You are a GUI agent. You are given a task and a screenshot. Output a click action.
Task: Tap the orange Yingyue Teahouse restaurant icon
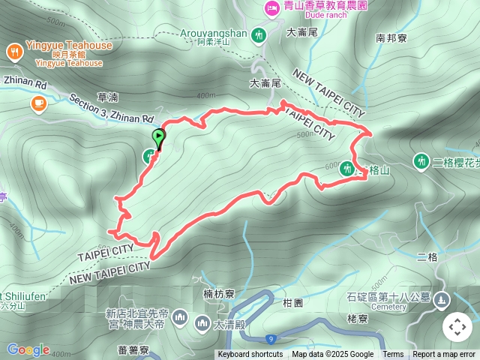click(x=14, y=51)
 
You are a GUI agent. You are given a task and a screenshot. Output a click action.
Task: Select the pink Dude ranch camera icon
click(x=271, y=7)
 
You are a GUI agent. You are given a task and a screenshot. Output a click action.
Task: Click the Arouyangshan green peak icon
click(x=259, y=34)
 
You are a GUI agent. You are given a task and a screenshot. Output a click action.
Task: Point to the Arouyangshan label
click(x=214, y=33)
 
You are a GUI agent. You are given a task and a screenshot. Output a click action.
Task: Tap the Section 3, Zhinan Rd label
click(x=111, y=108)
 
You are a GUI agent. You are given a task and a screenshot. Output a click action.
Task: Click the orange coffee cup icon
click(x=37, y=103)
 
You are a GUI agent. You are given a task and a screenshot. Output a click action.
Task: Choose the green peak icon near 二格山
click(x=347, y=169)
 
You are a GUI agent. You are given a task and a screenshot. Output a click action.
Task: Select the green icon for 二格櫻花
click(x=421, y=160)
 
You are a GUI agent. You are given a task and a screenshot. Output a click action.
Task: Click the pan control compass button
click(x=457, y=327)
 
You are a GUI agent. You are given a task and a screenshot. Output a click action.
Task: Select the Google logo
click(x=28, y=349)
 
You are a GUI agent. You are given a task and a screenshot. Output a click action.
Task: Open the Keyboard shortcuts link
click(x=250, y=355)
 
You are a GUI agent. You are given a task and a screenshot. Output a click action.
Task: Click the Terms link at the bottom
click(x=393, y=355)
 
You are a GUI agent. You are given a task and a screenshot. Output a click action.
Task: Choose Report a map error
click(x=444, y=355)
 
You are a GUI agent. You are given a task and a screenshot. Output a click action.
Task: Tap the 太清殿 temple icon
click(x=202, y=323)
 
